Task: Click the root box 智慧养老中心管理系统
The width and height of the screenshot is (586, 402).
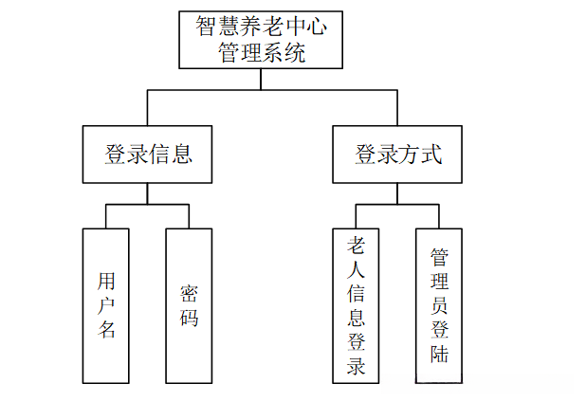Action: [x=261, y=39]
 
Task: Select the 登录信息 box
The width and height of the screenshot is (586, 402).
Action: [x=147, y=154]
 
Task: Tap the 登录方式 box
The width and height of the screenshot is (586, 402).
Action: [x=397, y=154]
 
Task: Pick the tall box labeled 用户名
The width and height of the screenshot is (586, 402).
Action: [x=106, y=305]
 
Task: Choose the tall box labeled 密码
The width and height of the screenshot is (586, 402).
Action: [x=189, y=305]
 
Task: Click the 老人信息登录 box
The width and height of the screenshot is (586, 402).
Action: [x=356, y=305]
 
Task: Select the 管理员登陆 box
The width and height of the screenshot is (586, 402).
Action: [x=439, y=305]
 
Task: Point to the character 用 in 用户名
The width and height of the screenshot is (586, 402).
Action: [x=107, y=282]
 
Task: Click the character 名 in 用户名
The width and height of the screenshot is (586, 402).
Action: [x=107, y=330]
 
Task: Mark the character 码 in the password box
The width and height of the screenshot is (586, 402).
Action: [x=190, y=318]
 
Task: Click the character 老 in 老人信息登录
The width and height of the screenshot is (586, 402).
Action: [x=357, y=245]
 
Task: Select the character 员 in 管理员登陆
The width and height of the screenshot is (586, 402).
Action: [x=439, y=305]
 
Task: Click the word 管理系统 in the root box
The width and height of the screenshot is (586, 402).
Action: [x=262, y=52]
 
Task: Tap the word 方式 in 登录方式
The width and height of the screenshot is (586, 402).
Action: [x=420, y=154]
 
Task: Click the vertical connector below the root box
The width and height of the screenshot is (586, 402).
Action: [x=261, y=79]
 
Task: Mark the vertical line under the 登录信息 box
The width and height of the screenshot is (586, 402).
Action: [x=147, y=193]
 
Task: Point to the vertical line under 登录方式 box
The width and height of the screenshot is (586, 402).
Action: [x=397, y=193]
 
